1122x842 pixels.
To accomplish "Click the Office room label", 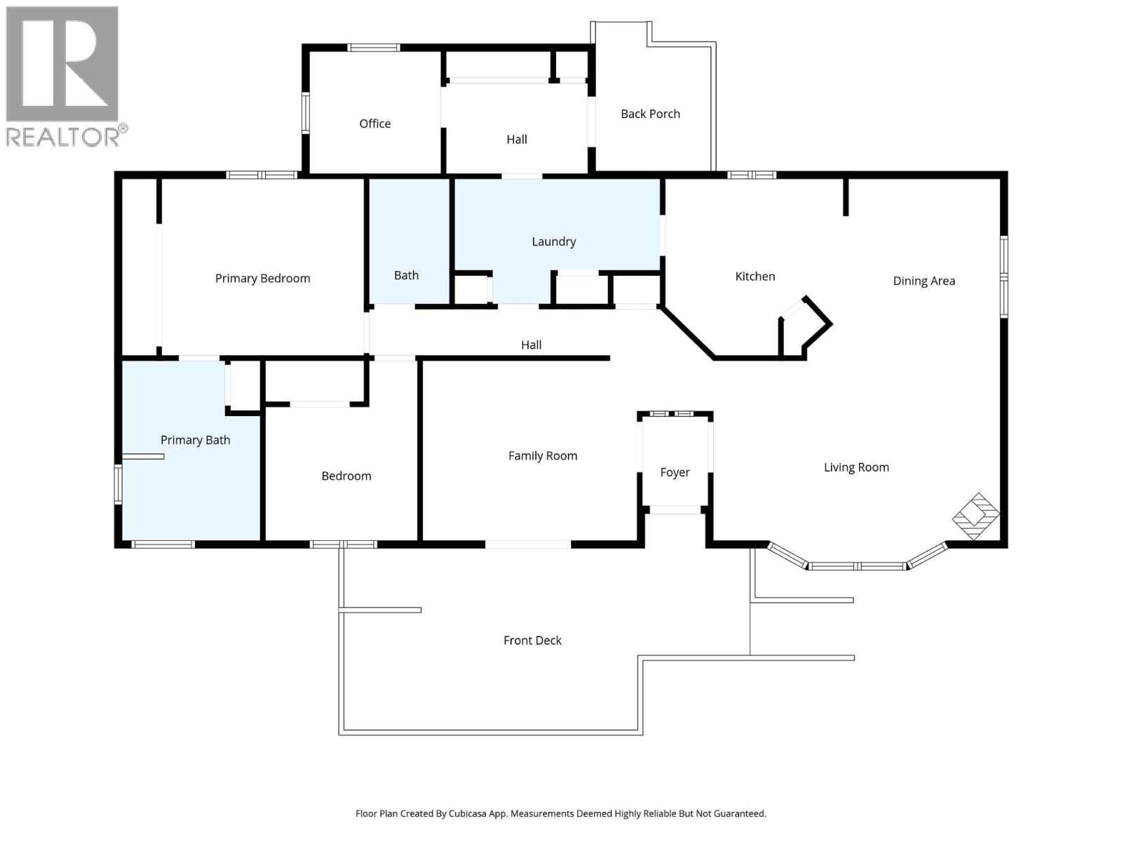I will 374,123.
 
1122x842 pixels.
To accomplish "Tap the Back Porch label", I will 650,114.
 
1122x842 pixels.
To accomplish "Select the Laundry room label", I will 553,241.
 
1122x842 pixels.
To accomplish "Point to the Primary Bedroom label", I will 262,279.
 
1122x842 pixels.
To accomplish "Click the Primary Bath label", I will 195,440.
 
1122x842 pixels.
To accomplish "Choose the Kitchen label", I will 755,276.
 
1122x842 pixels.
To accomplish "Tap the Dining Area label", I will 924,281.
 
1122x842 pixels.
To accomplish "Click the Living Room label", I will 856,467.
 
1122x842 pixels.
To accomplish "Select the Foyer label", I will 675,472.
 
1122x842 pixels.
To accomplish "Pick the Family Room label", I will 542,456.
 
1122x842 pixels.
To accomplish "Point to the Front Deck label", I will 532,640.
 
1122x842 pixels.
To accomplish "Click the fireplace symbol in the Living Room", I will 975,516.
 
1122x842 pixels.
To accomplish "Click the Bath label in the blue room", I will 406,275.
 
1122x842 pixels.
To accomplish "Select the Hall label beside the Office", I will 516,140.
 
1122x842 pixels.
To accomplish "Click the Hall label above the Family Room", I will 531,345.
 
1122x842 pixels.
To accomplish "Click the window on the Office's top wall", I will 374,48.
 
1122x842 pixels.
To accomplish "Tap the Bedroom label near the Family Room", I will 346,476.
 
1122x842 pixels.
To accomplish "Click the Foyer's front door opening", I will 675,510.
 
